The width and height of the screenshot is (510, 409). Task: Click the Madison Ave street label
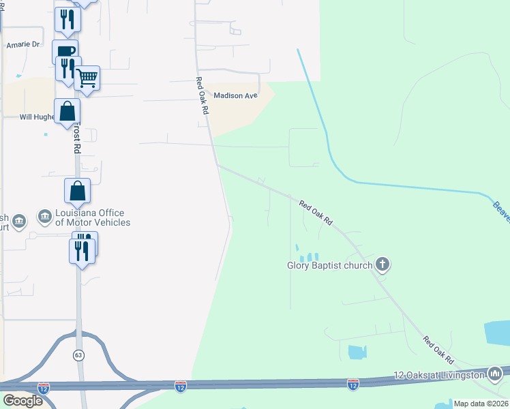235,96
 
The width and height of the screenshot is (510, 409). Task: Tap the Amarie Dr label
23,45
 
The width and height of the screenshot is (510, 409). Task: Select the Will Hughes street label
37,117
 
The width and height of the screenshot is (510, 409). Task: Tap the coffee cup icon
65,51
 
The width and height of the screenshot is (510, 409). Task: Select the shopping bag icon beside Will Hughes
67,111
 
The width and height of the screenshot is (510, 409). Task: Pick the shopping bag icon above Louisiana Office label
77,192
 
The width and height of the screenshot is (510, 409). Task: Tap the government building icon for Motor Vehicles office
44,217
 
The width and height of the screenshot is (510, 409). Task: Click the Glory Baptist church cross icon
382,264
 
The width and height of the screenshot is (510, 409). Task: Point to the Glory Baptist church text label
329,265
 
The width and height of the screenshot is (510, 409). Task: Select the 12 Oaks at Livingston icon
495,374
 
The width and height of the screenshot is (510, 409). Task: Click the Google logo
22,401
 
